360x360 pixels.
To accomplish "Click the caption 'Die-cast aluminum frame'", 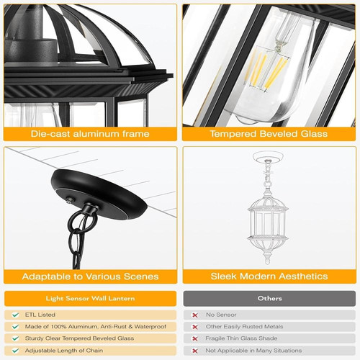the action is [x=90, y=134].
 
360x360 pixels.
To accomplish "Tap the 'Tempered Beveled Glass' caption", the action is [x=269, y=134].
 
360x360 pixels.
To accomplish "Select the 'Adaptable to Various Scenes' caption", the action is [x=90, y=276].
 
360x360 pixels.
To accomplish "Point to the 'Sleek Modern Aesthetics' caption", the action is [x=269, y=276].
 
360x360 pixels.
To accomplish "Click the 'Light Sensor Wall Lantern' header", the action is [x=90, y=298].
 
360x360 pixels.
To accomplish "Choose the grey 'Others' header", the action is [x=269, y=298].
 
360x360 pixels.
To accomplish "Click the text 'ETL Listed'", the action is [x=40, y=315].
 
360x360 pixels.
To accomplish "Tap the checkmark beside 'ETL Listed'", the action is [x=16, y=315].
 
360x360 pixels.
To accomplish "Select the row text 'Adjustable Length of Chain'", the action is [x=64, y=351].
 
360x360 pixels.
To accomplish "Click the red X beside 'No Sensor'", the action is [x=195, y=315].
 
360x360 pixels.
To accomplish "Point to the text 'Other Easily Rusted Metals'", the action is [x=244, y=326].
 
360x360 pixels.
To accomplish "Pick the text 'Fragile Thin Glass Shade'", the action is [x=241, y=338].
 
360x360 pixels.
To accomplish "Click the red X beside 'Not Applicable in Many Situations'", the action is [x=195, y=351].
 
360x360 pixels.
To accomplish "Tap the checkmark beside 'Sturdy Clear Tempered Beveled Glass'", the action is [x=16, y=338].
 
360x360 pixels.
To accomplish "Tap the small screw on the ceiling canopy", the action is [x=70, y=199].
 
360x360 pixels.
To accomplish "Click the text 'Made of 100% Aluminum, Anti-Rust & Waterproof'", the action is [x=96, y=326].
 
